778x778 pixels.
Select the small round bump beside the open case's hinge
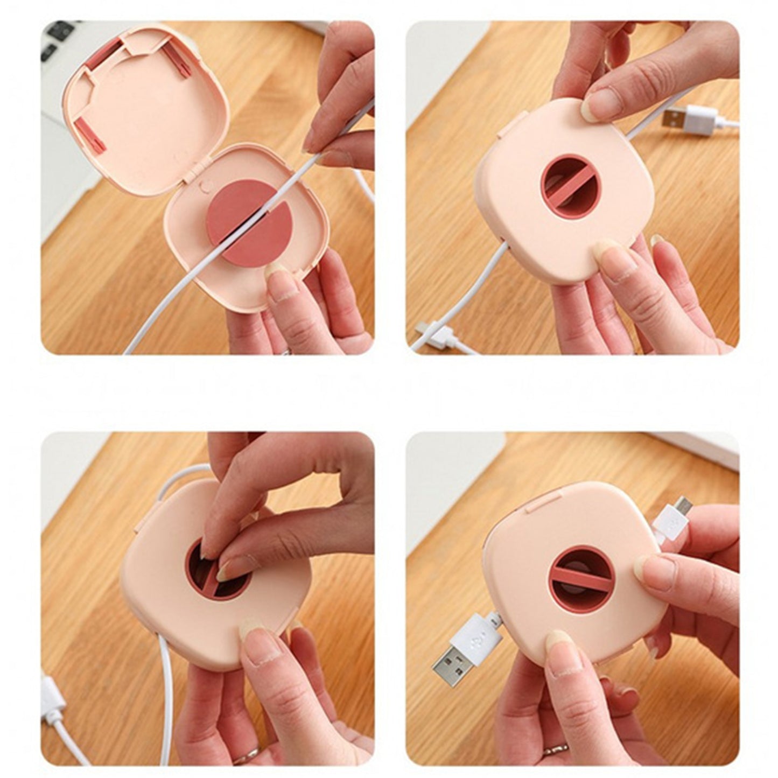coord(203,185)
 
